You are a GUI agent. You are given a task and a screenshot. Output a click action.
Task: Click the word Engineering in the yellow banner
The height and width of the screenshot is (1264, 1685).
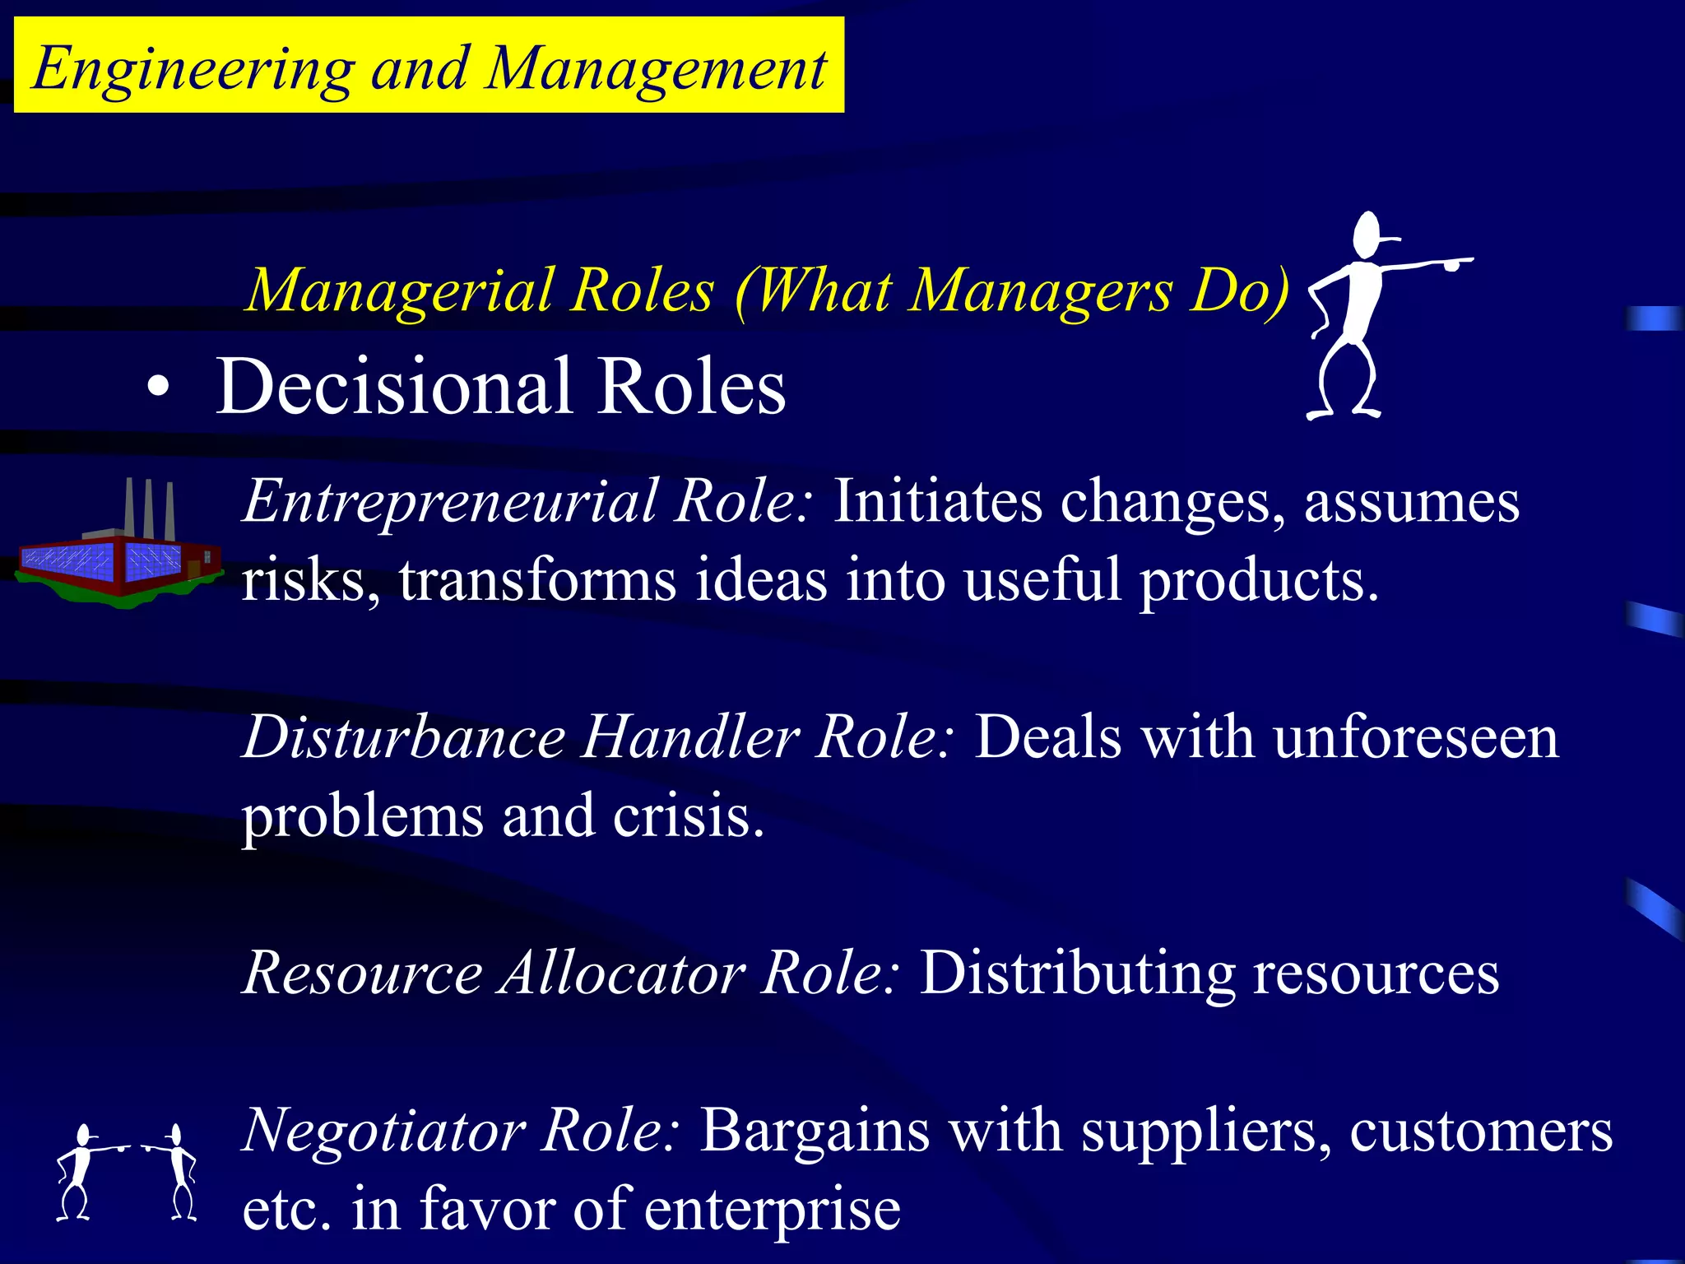click(x=193, y=69)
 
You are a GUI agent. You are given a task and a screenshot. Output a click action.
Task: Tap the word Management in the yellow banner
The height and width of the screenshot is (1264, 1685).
click(x=656, y=69)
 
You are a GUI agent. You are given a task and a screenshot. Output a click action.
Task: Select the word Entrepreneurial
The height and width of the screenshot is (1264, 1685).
click(x=450, y=501)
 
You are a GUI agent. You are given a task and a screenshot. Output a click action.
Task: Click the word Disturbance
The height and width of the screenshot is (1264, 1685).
click(x=404, y=737)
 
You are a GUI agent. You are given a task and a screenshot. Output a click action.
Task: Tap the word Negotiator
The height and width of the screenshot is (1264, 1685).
click(x=384, y=1131)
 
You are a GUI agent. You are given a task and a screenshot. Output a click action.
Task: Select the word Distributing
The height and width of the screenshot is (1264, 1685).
click(x=1077, y=973)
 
